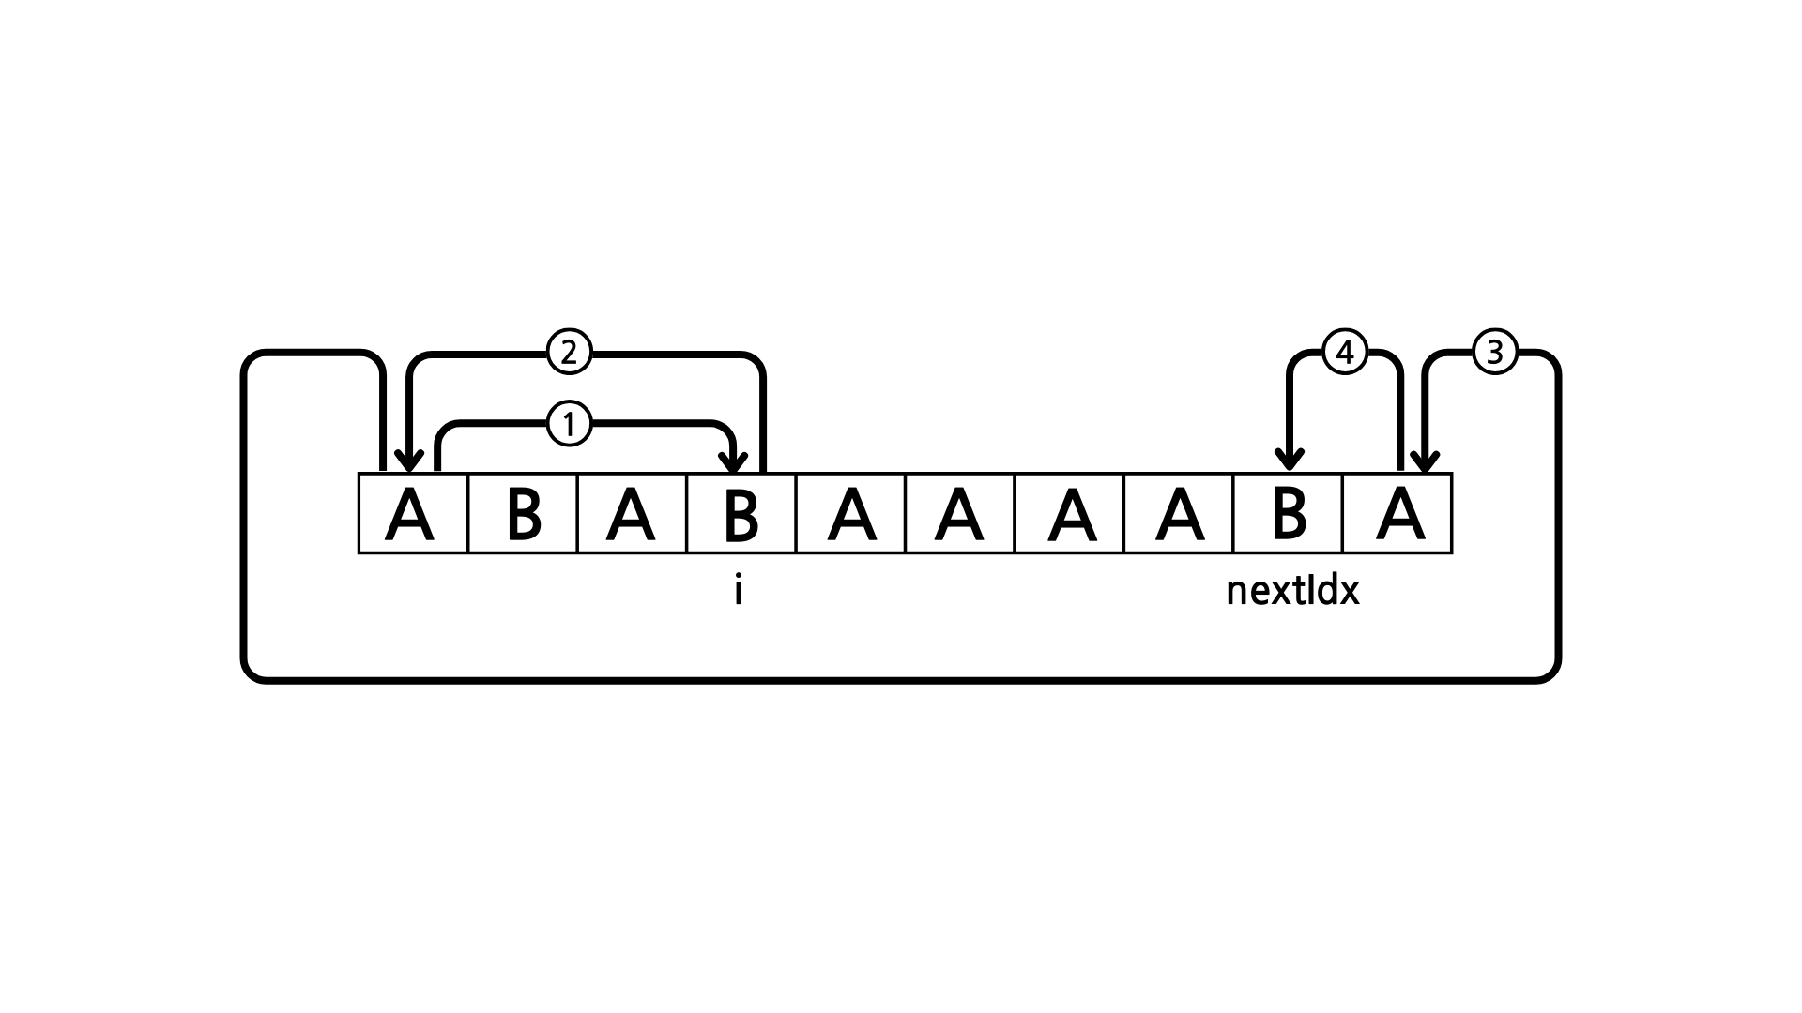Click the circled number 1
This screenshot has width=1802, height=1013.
coord(568,425)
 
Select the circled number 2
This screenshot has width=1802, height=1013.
coord(568,354)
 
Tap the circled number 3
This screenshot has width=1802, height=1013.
coord(1495,354)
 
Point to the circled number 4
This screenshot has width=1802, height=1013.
coord(1344,354)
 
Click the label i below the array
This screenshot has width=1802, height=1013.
coord(739,592)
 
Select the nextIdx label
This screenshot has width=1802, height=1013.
coord(1292,592)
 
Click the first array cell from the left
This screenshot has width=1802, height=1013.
coord(413,514)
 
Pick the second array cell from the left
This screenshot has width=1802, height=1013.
coord(523,514)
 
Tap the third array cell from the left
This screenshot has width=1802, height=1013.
coord(632,514)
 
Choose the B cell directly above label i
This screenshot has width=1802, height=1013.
coord(741,514)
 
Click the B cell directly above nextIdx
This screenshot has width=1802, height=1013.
coord(1289,514)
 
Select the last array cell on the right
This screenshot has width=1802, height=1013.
coord(1397,514)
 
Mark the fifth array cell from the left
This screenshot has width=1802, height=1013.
coord(851,514)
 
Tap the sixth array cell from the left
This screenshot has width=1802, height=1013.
coord(960,514)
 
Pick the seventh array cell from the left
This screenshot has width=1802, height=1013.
coord(1070,514)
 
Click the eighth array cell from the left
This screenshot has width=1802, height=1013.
coord(1179,514)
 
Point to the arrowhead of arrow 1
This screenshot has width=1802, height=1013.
coord(733,462)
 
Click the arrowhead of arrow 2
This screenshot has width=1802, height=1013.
coord(408,462)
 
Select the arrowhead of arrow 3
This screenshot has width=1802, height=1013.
coord(1425,462)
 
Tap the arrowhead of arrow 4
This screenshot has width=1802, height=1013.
coord(1290,461)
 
